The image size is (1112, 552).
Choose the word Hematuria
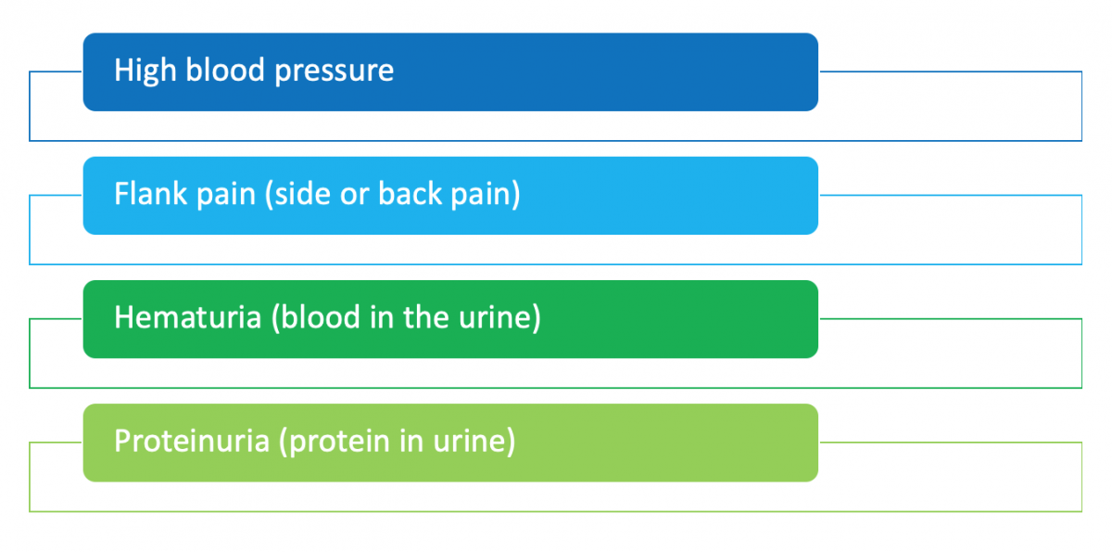coord(188,317)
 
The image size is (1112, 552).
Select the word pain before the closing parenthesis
coord(485,195)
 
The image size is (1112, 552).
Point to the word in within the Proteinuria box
coord(412,441)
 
